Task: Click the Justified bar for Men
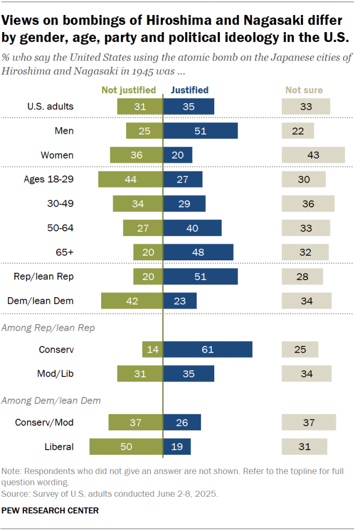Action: coord(201,131)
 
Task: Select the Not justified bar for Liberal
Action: coord(126,446)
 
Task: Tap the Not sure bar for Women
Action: coord(313,155)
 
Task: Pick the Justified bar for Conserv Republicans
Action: coord(207,350)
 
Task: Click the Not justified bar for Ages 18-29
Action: coord(131,179)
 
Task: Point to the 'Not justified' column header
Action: coord(129,90)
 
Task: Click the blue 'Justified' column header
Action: coord(190,90)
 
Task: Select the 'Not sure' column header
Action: coord(304,90)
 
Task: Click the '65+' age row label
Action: coord(65,252)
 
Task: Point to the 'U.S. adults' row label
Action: coord(50,106)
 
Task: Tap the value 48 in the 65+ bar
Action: coord(198,253)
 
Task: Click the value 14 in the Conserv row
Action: coord(153,350)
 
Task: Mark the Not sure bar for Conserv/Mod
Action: coord(309,423)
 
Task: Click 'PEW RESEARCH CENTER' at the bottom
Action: coord(50,511)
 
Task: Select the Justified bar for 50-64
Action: coord(192,228)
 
